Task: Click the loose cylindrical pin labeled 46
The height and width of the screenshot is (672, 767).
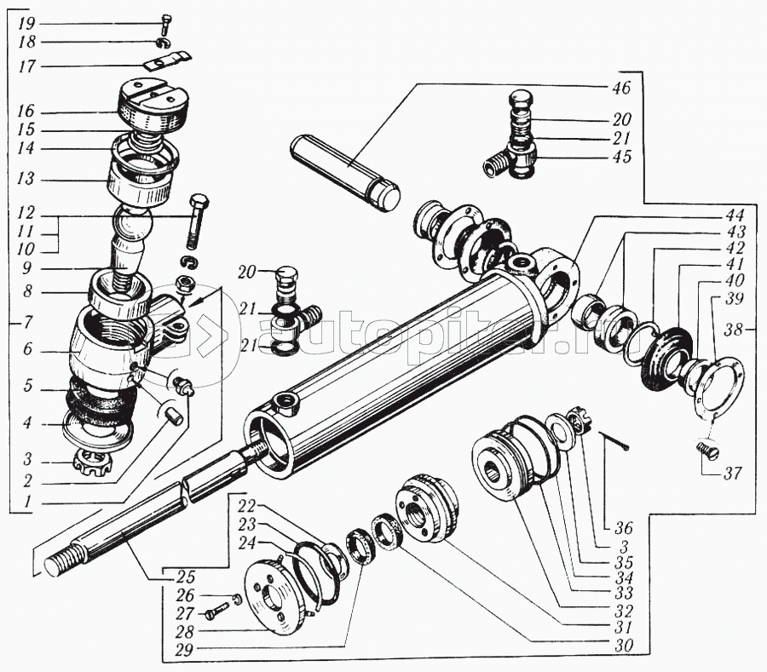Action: point(345,169)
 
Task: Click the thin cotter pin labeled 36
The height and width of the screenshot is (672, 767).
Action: point(614,440)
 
